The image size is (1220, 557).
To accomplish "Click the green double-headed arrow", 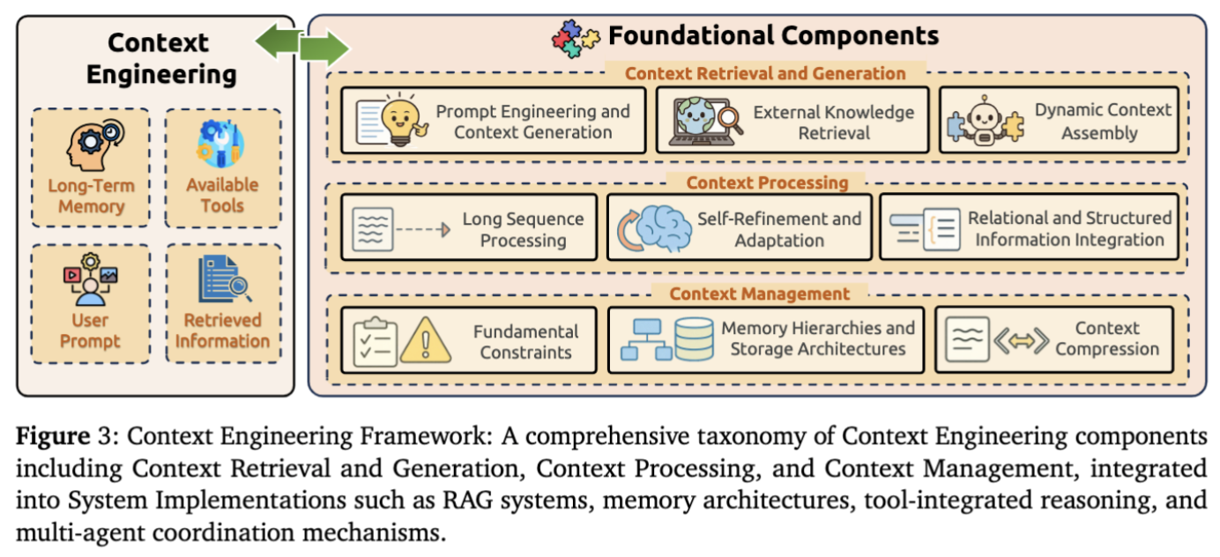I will [302, 45].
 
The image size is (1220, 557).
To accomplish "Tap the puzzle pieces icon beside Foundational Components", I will [575, 36].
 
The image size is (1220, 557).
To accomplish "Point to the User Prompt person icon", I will [90, 278].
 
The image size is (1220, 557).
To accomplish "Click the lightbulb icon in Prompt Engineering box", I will [401, 121].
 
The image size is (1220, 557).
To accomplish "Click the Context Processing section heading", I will [767, 183].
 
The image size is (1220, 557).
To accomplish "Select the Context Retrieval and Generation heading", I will [765, 74].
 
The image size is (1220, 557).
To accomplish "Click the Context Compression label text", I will [1107, 338].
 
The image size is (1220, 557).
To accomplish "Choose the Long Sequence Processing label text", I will [523, 230].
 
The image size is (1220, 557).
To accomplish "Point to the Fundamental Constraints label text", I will [525, 342].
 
